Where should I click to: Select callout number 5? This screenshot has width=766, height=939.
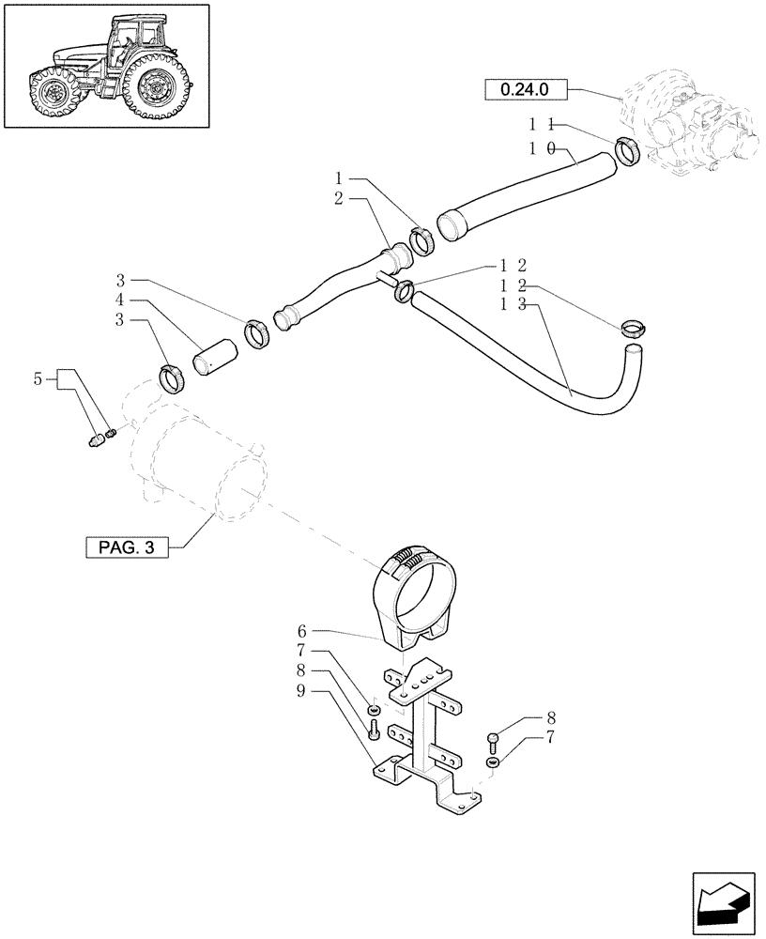(x=38, y=379)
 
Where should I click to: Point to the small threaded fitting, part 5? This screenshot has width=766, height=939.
(x=97, y=439)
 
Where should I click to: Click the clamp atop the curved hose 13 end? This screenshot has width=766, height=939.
(x=635, y=329)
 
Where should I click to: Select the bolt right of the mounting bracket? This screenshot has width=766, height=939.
(x=495, y=740)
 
